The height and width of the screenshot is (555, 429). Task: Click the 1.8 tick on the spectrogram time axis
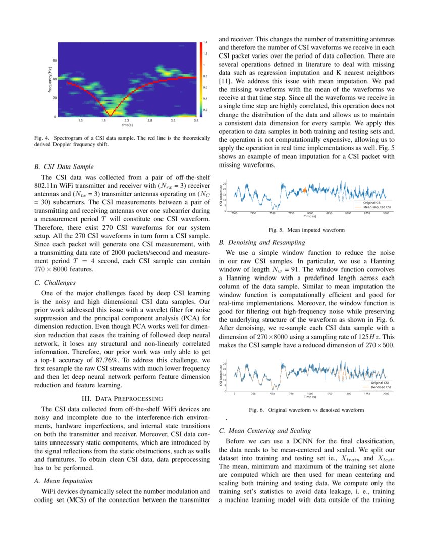pos(103,121)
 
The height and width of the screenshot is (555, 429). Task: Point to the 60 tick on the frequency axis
pos(54,60)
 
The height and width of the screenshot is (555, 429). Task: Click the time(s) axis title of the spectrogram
pos(127,125)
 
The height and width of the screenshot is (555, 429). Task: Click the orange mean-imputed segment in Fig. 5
pos(305,191)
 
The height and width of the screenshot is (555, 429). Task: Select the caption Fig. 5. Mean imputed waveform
pos(306,230)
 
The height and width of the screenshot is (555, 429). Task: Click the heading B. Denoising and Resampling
pos(262,242)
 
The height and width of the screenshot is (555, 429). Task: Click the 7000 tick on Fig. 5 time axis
pos(234,213)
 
